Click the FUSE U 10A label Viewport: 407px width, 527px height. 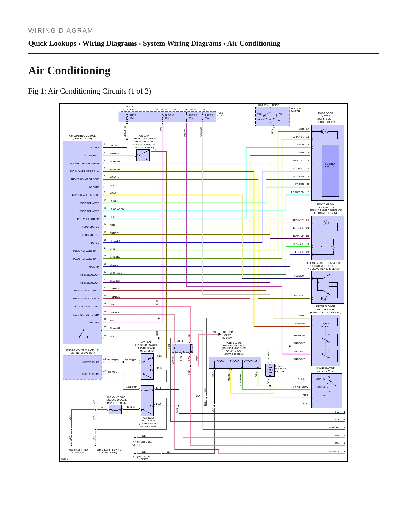[x=134, y=117]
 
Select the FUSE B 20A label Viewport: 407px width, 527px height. [x=209, y=117]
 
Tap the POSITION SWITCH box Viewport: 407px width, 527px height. [x=330, y=170]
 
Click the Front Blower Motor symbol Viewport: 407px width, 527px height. [x=270, y=370]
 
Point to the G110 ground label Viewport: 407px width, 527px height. [x=80, y=451]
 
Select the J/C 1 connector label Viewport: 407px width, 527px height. [x=180, y=341]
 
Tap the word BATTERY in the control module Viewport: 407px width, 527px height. [x=94, y=322]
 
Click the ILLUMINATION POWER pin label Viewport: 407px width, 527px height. [x=86, y=307]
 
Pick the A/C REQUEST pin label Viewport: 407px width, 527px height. [x=91, y=156]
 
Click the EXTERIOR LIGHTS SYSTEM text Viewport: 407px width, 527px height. [x=227, y=335]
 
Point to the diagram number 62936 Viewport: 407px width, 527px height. [x=65, y=459]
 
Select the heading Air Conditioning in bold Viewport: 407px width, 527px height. [x=69, y=70]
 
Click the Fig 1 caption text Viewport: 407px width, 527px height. [x=90, y=91]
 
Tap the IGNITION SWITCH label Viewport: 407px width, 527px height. [x=296, y=110]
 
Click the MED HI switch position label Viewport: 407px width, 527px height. [x=321, y=387]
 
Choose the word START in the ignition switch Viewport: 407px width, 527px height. [x=280, y=114]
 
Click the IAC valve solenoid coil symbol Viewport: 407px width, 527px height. [x=115, y=410]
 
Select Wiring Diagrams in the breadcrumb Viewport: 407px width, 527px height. [x=110, y=43]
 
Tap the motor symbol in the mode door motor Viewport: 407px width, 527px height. [x=324, y=132]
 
